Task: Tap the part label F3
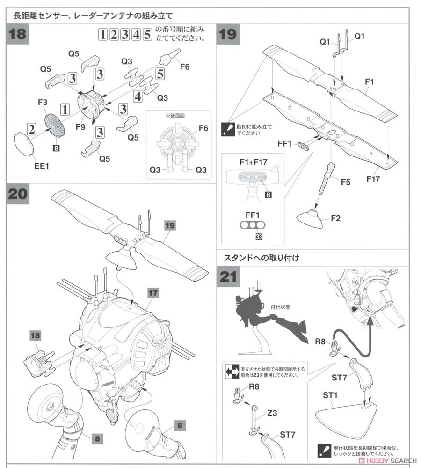coord(43,102)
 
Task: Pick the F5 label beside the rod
coord(346,182)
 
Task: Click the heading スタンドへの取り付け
coord(261,258)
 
